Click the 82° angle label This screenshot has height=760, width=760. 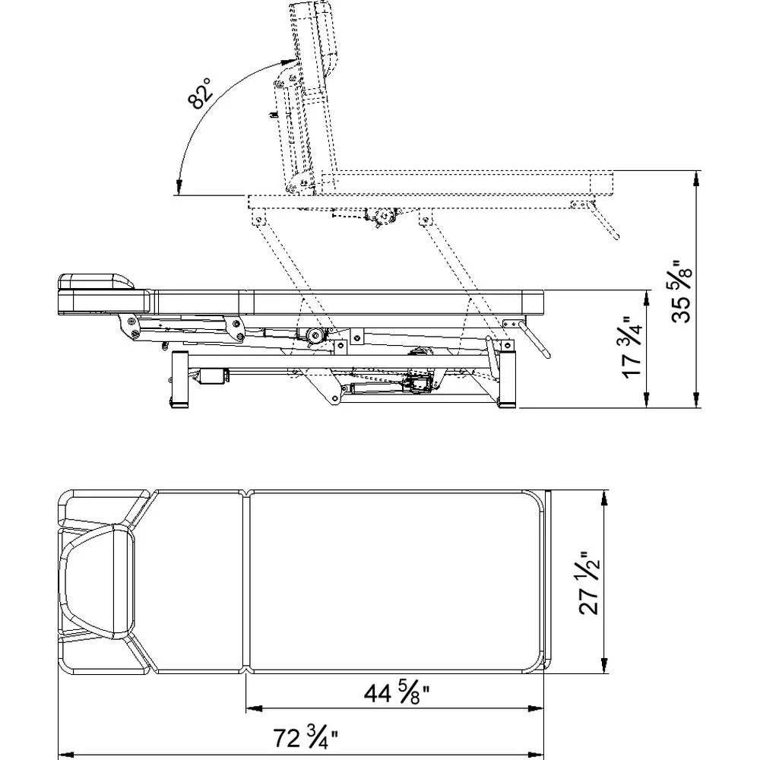[200, 93]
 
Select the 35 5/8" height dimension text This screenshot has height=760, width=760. [680, 290]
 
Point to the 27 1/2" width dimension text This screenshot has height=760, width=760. [590, 583]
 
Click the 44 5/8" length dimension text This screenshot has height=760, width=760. [397, 693]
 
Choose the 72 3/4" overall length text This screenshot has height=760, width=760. [306, 739]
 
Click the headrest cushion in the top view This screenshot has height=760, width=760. [97, 581]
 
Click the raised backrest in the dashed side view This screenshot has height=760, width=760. [310, 97]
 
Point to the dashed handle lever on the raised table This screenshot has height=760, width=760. [603, 220]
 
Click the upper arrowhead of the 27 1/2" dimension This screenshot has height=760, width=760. [604, 498]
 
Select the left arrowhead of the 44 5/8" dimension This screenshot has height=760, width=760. [254, 708]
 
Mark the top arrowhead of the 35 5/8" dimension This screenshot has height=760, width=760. [697, 178]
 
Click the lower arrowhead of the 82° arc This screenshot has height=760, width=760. [179, 188]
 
